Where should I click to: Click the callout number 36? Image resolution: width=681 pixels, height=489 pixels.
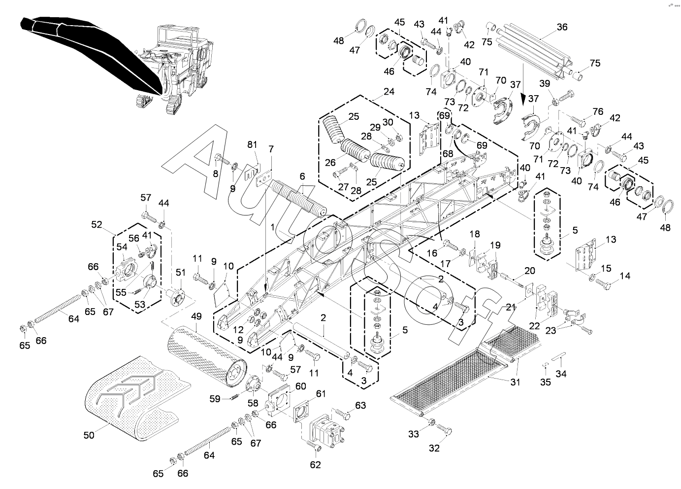point(562,27)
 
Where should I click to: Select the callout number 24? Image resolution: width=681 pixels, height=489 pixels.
point(389,91)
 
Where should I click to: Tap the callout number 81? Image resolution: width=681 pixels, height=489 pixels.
point(252,145)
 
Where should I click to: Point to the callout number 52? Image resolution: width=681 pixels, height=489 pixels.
point(97,224)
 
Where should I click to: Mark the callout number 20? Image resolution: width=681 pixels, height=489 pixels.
point(530,271)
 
